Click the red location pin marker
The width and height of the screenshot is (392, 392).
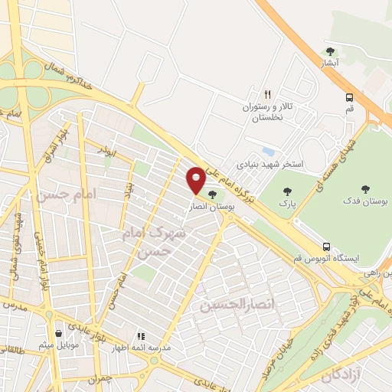click(196, 181)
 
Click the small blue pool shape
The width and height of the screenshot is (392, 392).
click(267, 151)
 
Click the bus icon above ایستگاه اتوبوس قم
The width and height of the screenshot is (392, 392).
click(328, 247)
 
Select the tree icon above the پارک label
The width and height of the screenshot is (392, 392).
click(287, 191)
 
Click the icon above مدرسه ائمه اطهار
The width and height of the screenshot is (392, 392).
click(140, 335)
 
